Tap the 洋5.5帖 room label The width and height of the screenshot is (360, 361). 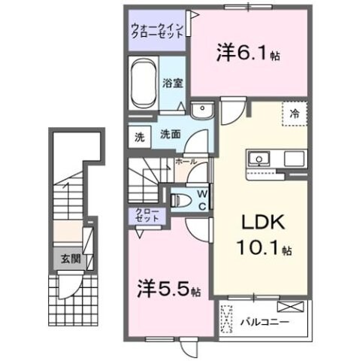pyautogui.click(x=168, y=287)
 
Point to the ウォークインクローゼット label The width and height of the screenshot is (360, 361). pyautogui.click(x=156, y=29)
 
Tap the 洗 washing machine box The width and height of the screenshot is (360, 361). pyautogui.click(x=139, y=137)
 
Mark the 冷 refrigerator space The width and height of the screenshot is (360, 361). pyautogui.click(x=295, y=115)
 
